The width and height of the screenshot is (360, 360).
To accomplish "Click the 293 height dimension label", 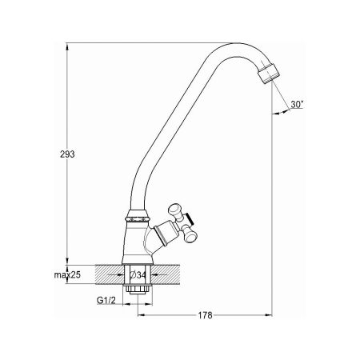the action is click(x=67, y=154).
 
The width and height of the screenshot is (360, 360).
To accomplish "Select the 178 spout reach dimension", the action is click(x=205, y=315).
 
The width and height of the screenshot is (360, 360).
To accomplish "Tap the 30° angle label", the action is click(x=297, y=104).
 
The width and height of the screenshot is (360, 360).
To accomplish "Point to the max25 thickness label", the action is click(x=67, y=275).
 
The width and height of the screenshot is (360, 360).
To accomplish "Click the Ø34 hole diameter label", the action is click(x=138, y=275).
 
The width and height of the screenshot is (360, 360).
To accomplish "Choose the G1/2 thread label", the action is click(x=106, y=301).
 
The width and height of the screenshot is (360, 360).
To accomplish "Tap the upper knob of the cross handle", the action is click(x=175, y=209).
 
